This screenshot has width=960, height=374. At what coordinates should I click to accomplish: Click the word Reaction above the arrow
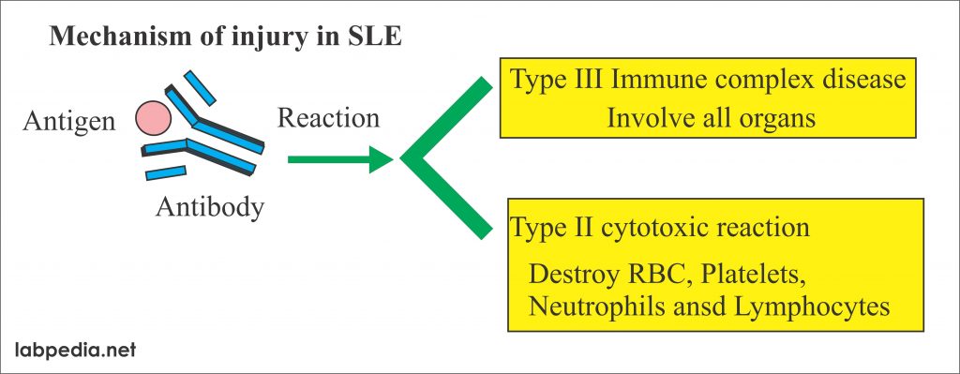329,119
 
